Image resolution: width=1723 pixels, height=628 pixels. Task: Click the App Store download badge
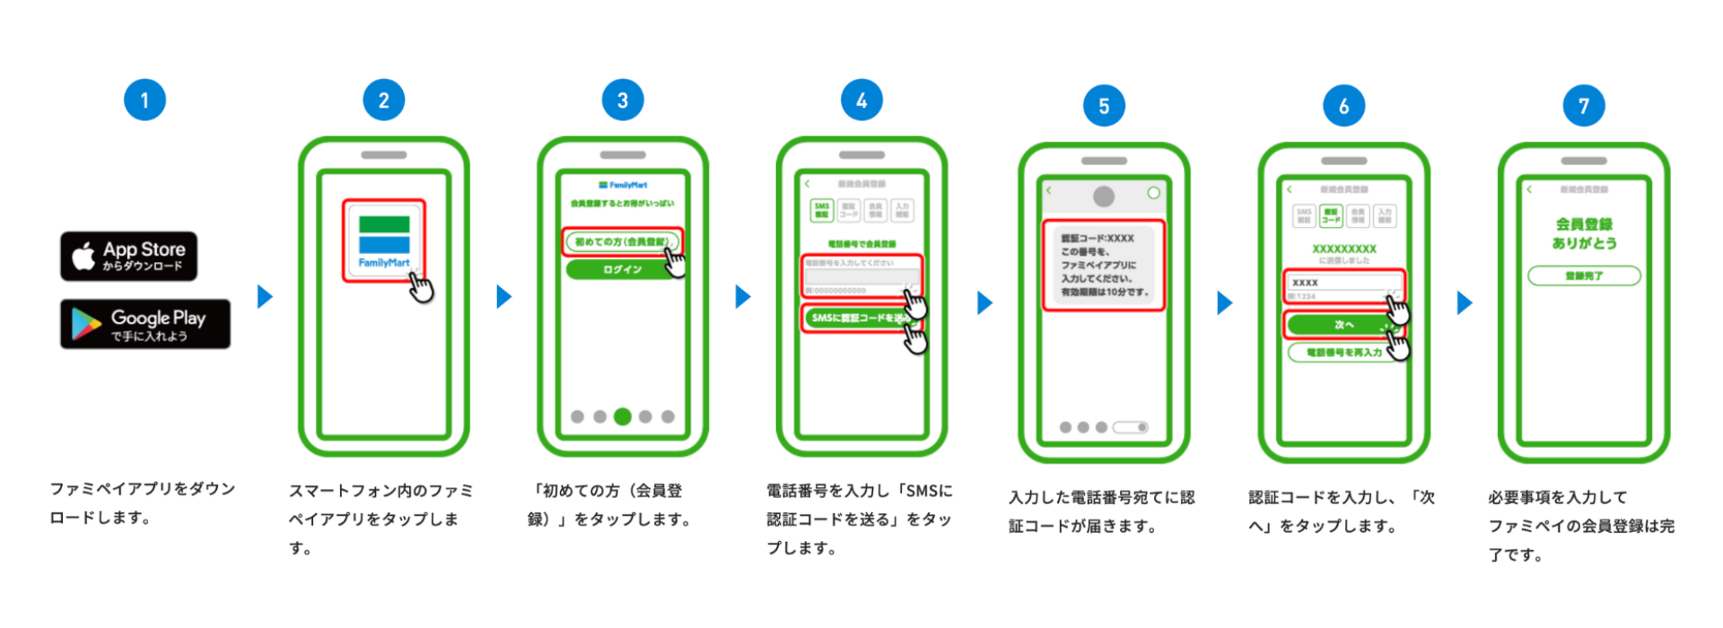click(128, 256)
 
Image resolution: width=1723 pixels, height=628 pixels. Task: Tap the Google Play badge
click(145, 324)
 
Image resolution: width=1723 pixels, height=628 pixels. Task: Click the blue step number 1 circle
click(144, 100)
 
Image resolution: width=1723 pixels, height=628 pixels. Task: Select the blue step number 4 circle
click(861, 100)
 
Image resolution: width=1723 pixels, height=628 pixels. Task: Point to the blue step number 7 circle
click(1583, 106)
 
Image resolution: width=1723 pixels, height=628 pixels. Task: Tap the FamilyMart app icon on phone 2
click(384, 240)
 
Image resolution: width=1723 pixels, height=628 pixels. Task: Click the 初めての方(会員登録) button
click(622, 241)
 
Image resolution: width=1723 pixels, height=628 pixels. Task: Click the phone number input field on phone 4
click(859, 276)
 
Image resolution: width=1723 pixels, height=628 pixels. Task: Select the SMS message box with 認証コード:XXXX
click(1104, 266)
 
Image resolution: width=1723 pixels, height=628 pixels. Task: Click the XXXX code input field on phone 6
click(1341, 283)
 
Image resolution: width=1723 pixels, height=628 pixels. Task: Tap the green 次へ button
click(1341, 324)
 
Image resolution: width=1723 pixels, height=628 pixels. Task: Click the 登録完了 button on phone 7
click(1584, 275)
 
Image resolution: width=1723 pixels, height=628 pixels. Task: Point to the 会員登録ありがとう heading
click(1584, 233)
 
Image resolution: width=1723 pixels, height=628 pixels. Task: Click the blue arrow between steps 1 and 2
click(265, 296)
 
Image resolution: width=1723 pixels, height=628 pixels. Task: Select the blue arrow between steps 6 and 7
click(1465, 303)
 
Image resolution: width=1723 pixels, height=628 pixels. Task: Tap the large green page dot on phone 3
click(622, 416)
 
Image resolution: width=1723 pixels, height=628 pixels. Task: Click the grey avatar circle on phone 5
click(1104, 196)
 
